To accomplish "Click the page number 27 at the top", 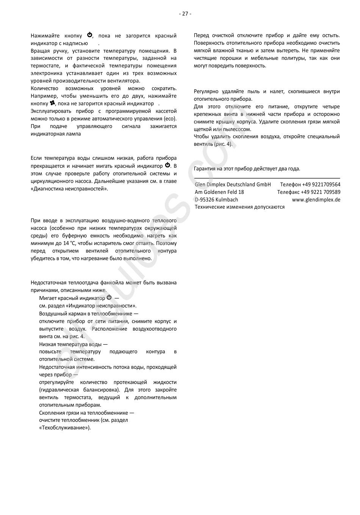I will tap(185, 14).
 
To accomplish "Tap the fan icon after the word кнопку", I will tap(52, 103).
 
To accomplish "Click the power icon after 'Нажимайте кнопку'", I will tap(90, 35).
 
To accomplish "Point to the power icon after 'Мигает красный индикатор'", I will tap(109, 298).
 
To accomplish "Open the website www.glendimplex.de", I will tap(316, 200).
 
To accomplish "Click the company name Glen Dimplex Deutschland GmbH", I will tap(233, 184).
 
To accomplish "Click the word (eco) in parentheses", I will tap(170, 119).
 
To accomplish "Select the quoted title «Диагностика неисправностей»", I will tap(69, 188).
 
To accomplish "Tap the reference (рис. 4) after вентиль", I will tap(223, 144).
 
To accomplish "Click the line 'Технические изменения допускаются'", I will tap(239, 207).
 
